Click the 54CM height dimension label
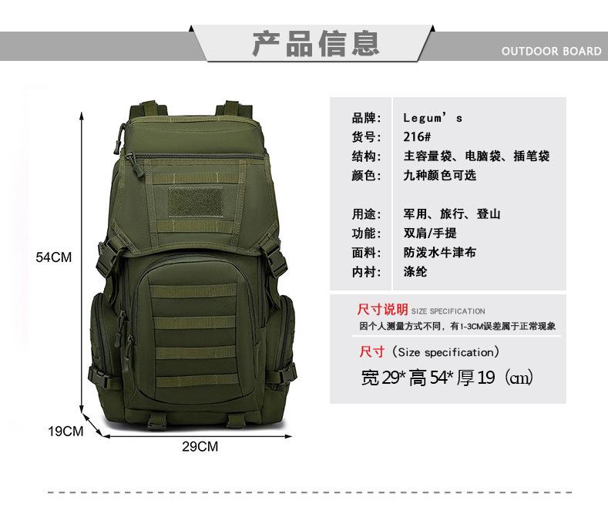(x=53, y=257)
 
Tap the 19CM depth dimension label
(x=66, y=431)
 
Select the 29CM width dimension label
(x=200, y=446)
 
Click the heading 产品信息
(x=316, y=43)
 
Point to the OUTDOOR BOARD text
(x=551, y=51)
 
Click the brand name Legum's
(x=432, y=117)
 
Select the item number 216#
(x=417, y=137)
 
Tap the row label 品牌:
(x=367, y=117)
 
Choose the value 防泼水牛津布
(x=440, y=252)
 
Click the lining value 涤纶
(x=415, y=272)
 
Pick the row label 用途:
(x=367, y=214)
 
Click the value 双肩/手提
(x=430, y=233)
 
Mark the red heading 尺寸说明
(x=382, y=309)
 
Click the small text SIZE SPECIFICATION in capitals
(x=448, y=311)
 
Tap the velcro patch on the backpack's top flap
(x=196, y=202)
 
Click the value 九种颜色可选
(x=440, y=176)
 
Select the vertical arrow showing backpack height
(x=82, y=263)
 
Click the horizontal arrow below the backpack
(x=198, y=436)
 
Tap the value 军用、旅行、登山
(x=452, y=214)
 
